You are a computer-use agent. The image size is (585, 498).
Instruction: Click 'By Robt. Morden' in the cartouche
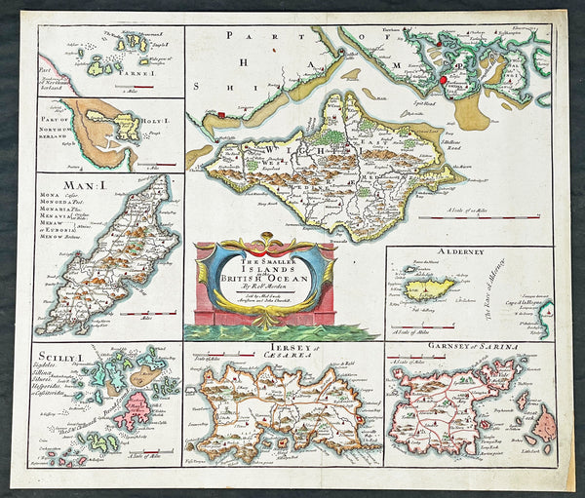[265, 289]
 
